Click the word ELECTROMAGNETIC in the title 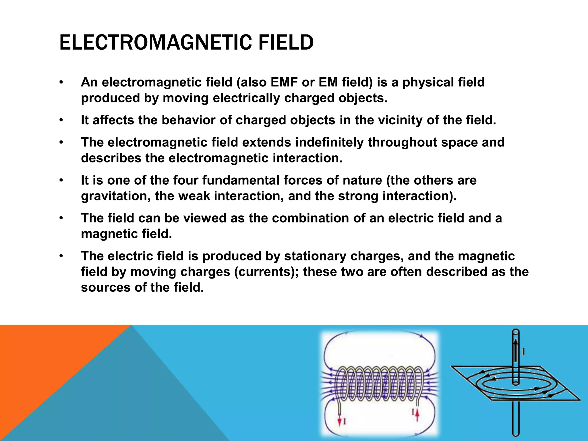155,42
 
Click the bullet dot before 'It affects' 61,121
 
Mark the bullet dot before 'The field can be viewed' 61,218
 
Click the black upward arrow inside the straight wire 516,349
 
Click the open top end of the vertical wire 516,332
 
